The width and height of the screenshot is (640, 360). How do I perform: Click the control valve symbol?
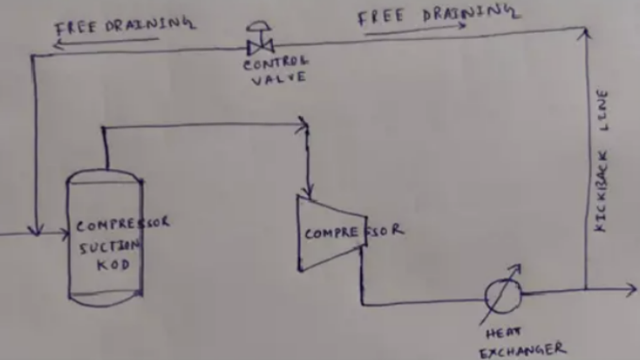coord(260,42)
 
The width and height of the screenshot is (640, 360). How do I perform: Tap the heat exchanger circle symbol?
coord(503,295)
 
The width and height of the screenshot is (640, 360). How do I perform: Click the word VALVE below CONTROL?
coord(276,78)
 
